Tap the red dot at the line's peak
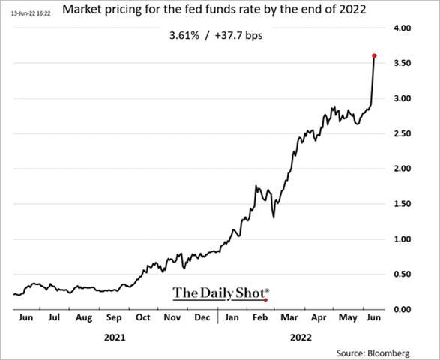[x=374, y=56]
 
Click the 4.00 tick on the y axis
[x=403, y=28]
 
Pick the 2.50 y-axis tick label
[x=403, y=133]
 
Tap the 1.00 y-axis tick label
[x=403, y=239]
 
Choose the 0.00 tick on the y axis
[x=403, y=310]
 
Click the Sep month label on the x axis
[x=115, y=318]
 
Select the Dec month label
[x=202, y=318]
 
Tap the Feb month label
[x=260, y=318]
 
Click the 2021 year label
[x=115, y=337]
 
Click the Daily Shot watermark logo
[x=220, y=292]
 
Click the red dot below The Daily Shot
[x=266, y=300]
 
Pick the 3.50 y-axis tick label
[x=403, y=64]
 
